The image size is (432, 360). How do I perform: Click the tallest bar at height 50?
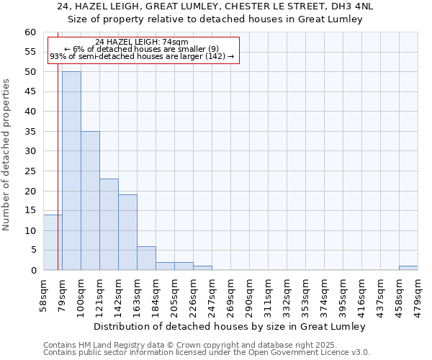[x=71, y=171]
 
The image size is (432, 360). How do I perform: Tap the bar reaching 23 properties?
[x=109, y=224]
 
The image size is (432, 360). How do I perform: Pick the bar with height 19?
[x=127, y=232]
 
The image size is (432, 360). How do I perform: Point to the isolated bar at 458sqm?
[x=408, y=268]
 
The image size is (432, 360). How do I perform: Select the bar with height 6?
[x=146, y=258]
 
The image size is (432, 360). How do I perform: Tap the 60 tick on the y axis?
[x=30, y=32]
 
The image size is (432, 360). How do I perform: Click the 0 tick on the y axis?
[x=33, y=271]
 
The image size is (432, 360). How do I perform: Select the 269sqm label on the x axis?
[x=230, y=294]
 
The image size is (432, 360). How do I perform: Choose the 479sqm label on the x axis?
[x=418, y=294]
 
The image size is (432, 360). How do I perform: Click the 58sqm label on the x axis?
[x=43, y=294]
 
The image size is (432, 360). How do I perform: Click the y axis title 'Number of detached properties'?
[x=6, y=155]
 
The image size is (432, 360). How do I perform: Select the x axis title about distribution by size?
[x=230, y=326]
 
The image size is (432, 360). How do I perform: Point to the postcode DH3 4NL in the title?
[x=352, y=6]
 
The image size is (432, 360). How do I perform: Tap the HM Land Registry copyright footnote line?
[x=190, y=345]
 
